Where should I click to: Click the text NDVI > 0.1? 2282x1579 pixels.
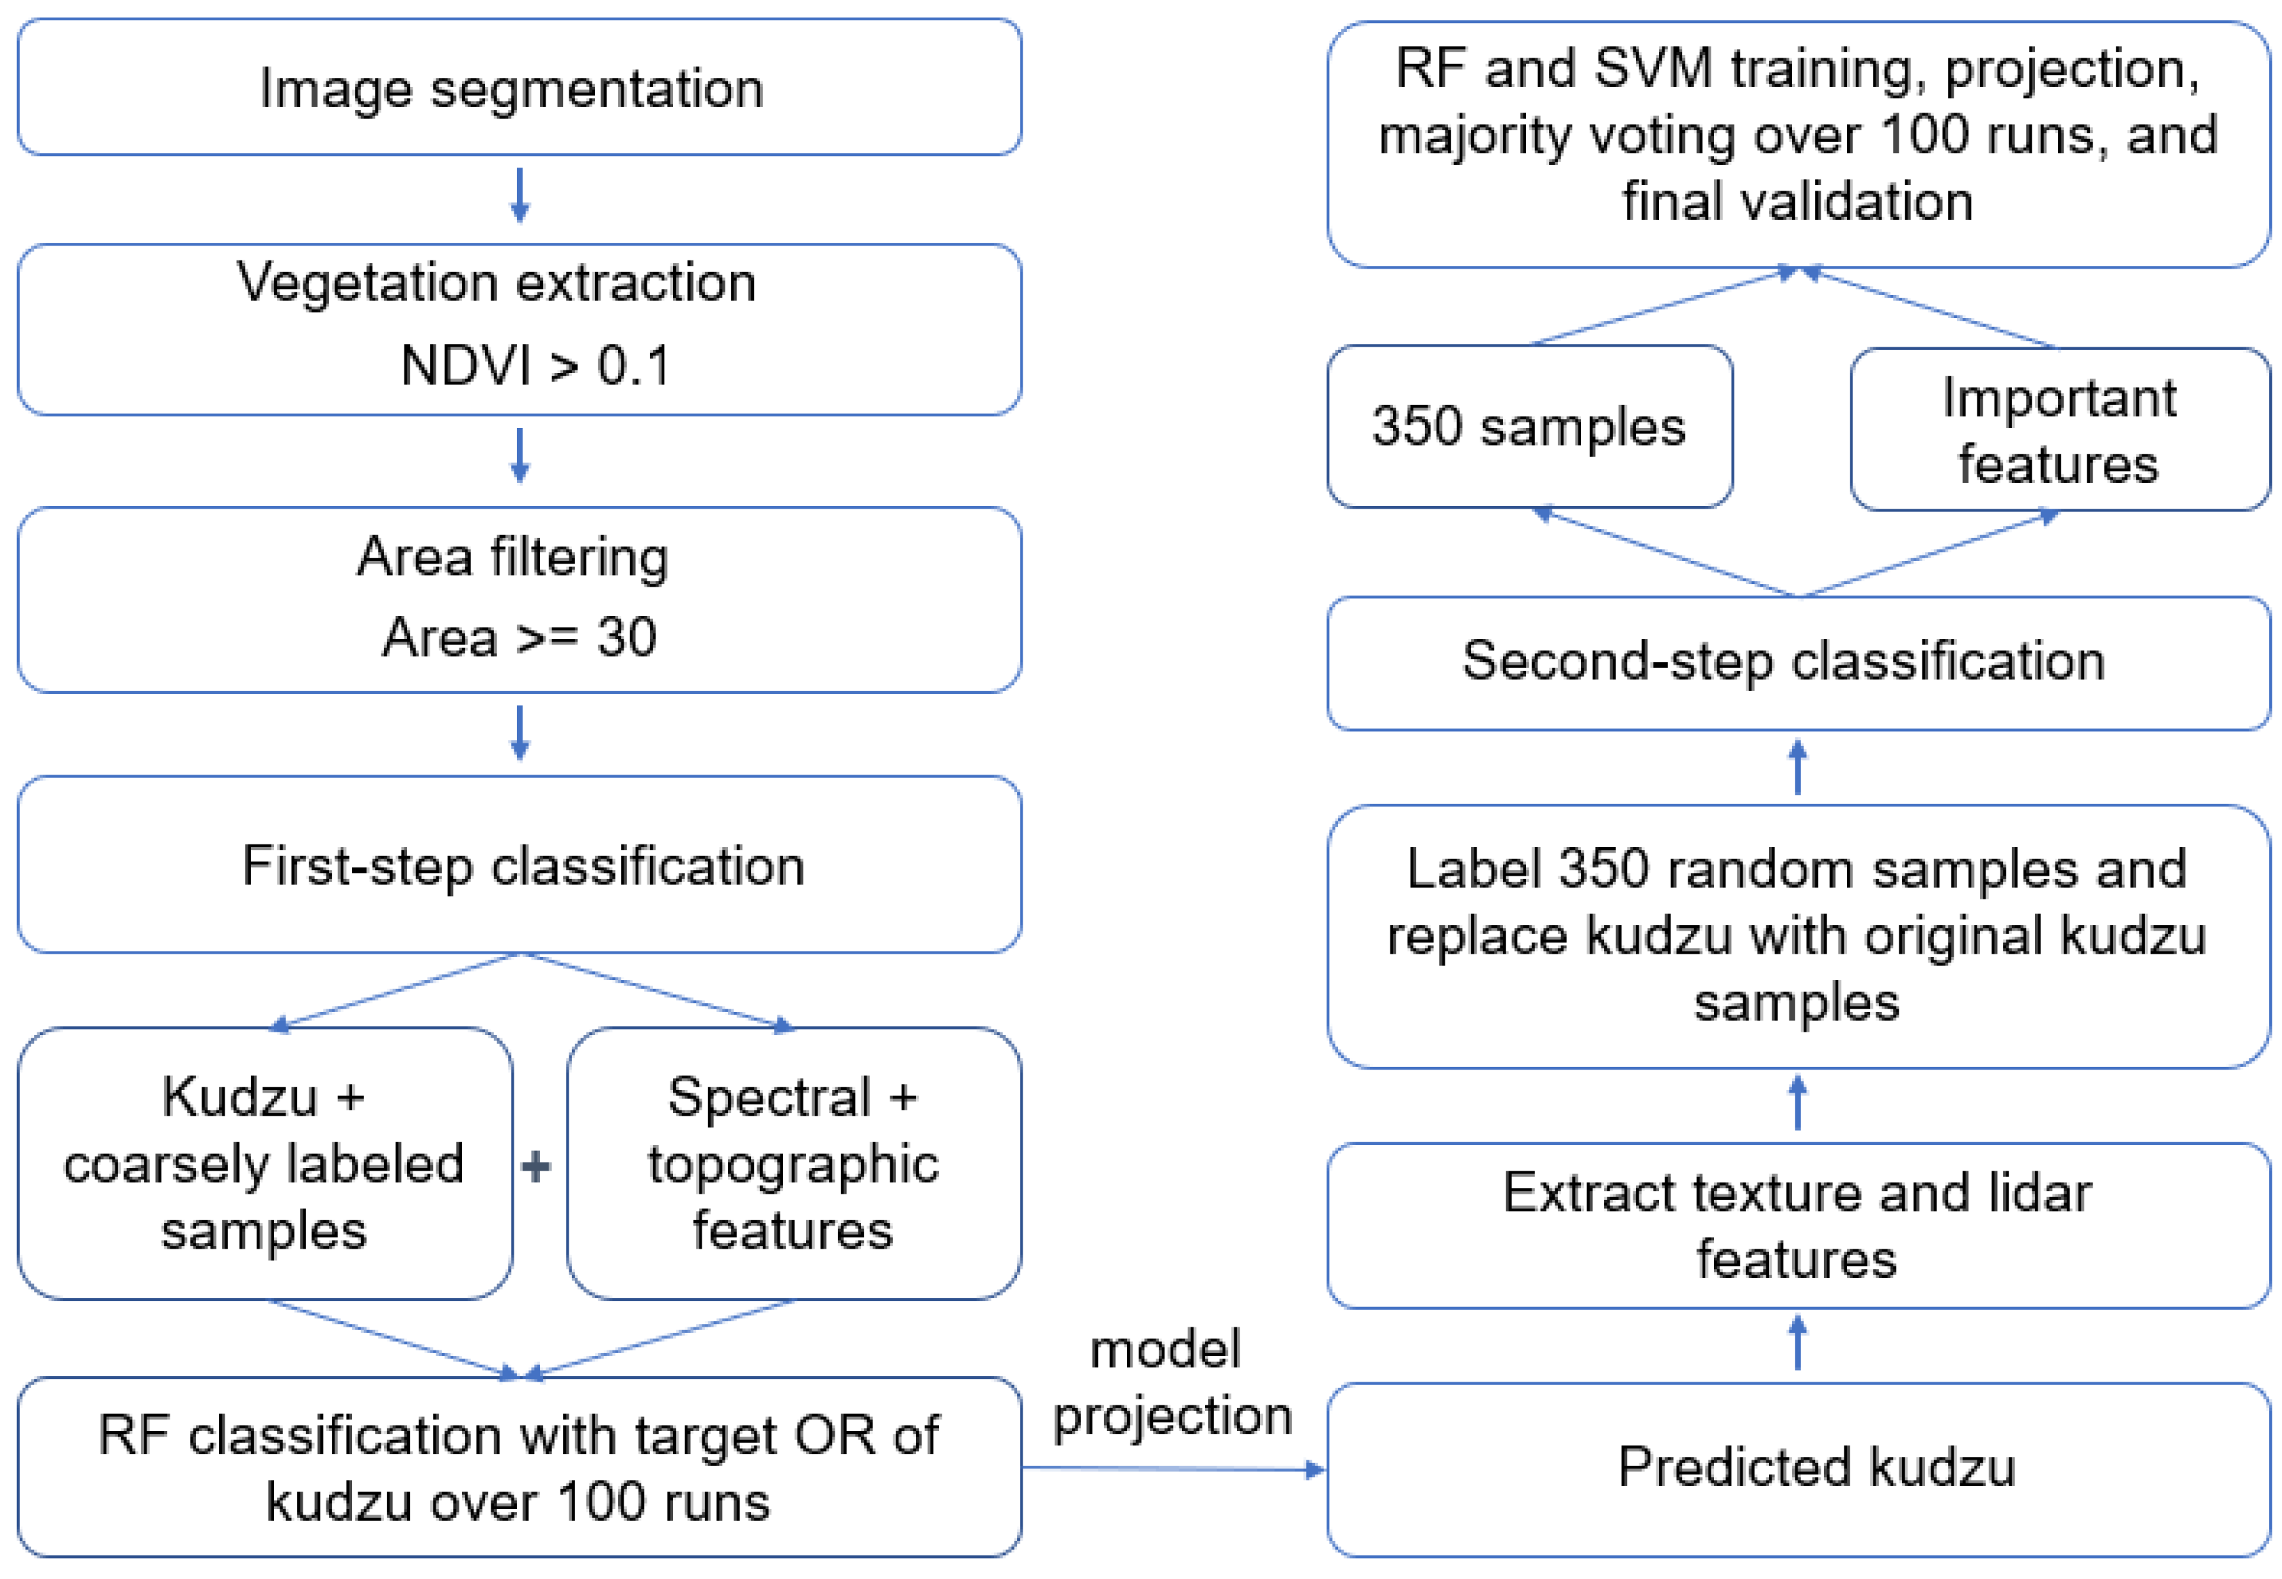point(535,365)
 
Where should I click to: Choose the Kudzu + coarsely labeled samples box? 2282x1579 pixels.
point(264,1163)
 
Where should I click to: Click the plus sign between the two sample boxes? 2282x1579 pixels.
point(535,1167)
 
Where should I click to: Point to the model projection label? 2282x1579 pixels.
point(1170,1382)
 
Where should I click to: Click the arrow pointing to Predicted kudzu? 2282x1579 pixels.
point(1173,1468)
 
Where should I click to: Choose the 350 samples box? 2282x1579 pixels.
point(1528,427)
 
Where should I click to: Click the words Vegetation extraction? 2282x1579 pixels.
point(496,283)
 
